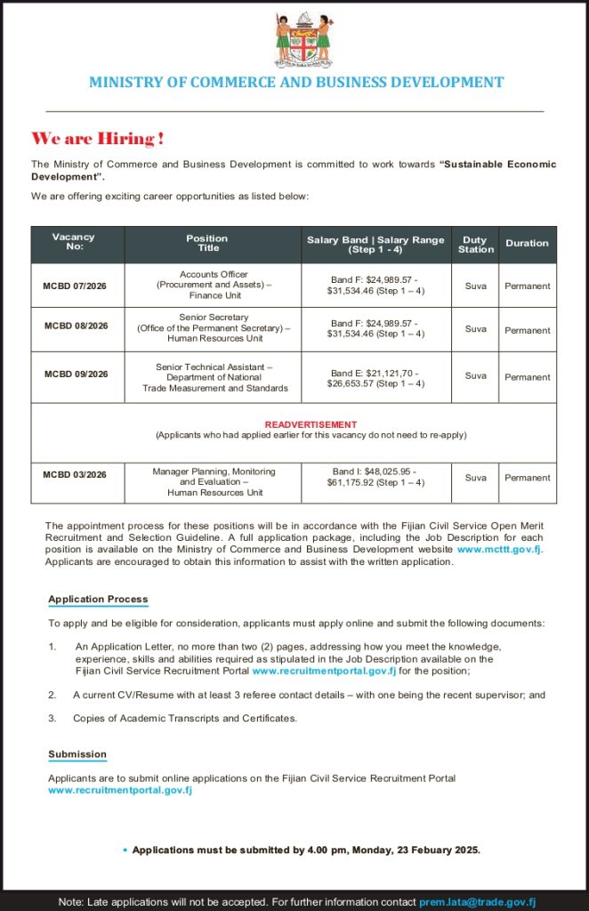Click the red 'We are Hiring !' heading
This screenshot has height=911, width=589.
click(98, 139)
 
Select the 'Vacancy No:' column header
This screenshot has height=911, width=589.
click(74, 242)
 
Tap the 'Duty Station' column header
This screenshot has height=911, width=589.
click(476, 245)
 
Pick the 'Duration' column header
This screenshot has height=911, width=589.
click(527, 243)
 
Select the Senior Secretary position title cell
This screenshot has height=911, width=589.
click(214, 327)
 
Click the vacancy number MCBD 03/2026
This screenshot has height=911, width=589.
click(75, 474)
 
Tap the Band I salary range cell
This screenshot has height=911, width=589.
click(375, 477)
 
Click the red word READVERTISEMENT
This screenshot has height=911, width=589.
click(311, 424)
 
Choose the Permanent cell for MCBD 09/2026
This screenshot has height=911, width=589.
click(527, 377)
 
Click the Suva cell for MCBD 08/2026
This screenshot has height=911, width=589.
click(476, 329)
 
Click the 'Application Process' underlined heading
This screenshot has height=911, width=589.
click(98, 599)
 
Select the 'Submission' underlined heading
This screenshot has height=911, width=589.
click(77, 754)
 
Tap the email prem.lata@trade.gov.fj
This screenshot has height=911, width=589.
click(477, 901)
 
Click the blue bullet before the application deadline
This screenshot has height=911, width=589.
click(125, 851)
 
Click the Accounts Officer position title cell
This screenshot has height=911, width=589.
click(214, 285)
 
